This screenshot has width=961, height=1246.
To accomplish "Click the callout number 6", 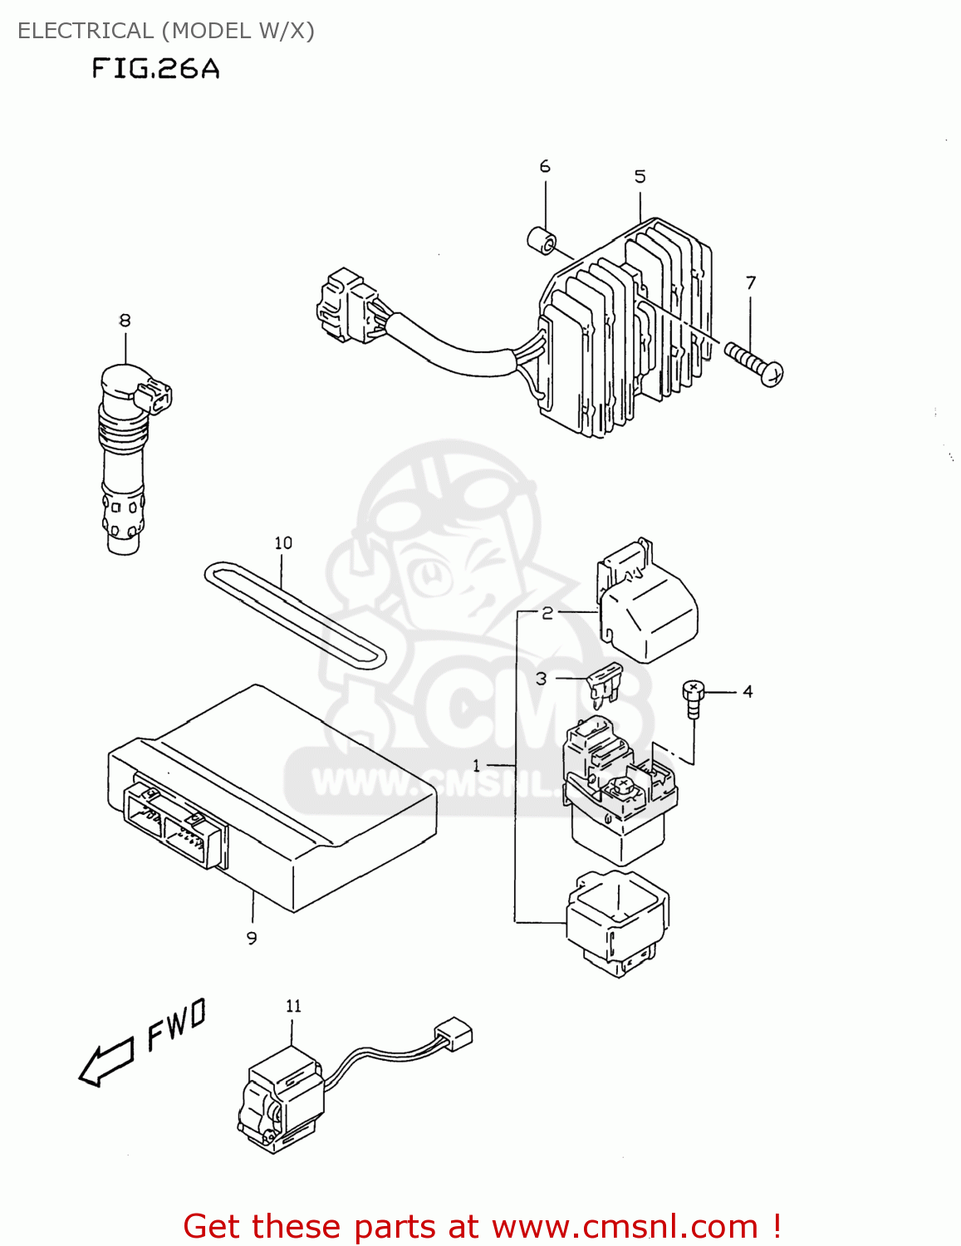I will tap(545, 166).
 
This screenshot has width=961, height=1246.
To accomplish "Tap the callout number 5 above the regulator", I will tap(640, 176).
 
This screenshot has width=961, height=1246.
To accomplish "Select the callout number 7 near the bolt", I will tap(751, 283).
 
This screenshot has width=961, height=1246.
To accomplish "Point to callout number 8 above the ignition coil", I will tap(125, 320).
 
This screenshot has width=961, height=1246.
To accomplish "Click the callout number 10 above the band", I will tap(283, 542).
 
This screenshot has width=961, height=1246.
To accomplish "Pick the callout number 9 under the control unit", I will tap(252, 938).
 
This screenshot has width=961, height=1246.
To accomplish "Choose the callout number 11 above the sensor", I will tap(293, 1006).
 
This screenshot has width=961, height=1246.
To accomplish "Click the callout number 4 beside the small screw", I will tap(748, 691).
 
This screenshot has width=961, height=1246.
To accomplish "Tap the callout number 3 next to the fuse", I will tap(542, 679).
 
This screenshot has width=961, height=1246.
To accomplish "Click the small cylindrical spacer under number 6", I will tap(542, 239).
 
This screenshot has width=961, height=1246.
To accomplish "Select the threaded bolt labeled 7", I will tap(753, 364).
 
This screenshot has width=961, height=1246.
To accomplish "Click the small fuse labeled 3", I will tap(604, 683).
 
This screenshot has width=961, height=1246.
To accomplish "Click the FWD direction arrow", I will tap(106, 1063).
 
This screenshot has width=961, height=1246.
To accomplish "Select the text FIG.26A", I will tap(155, 68).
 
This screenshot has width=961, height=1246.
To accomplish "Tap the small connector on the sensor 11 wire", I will tap(454, 1034).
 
